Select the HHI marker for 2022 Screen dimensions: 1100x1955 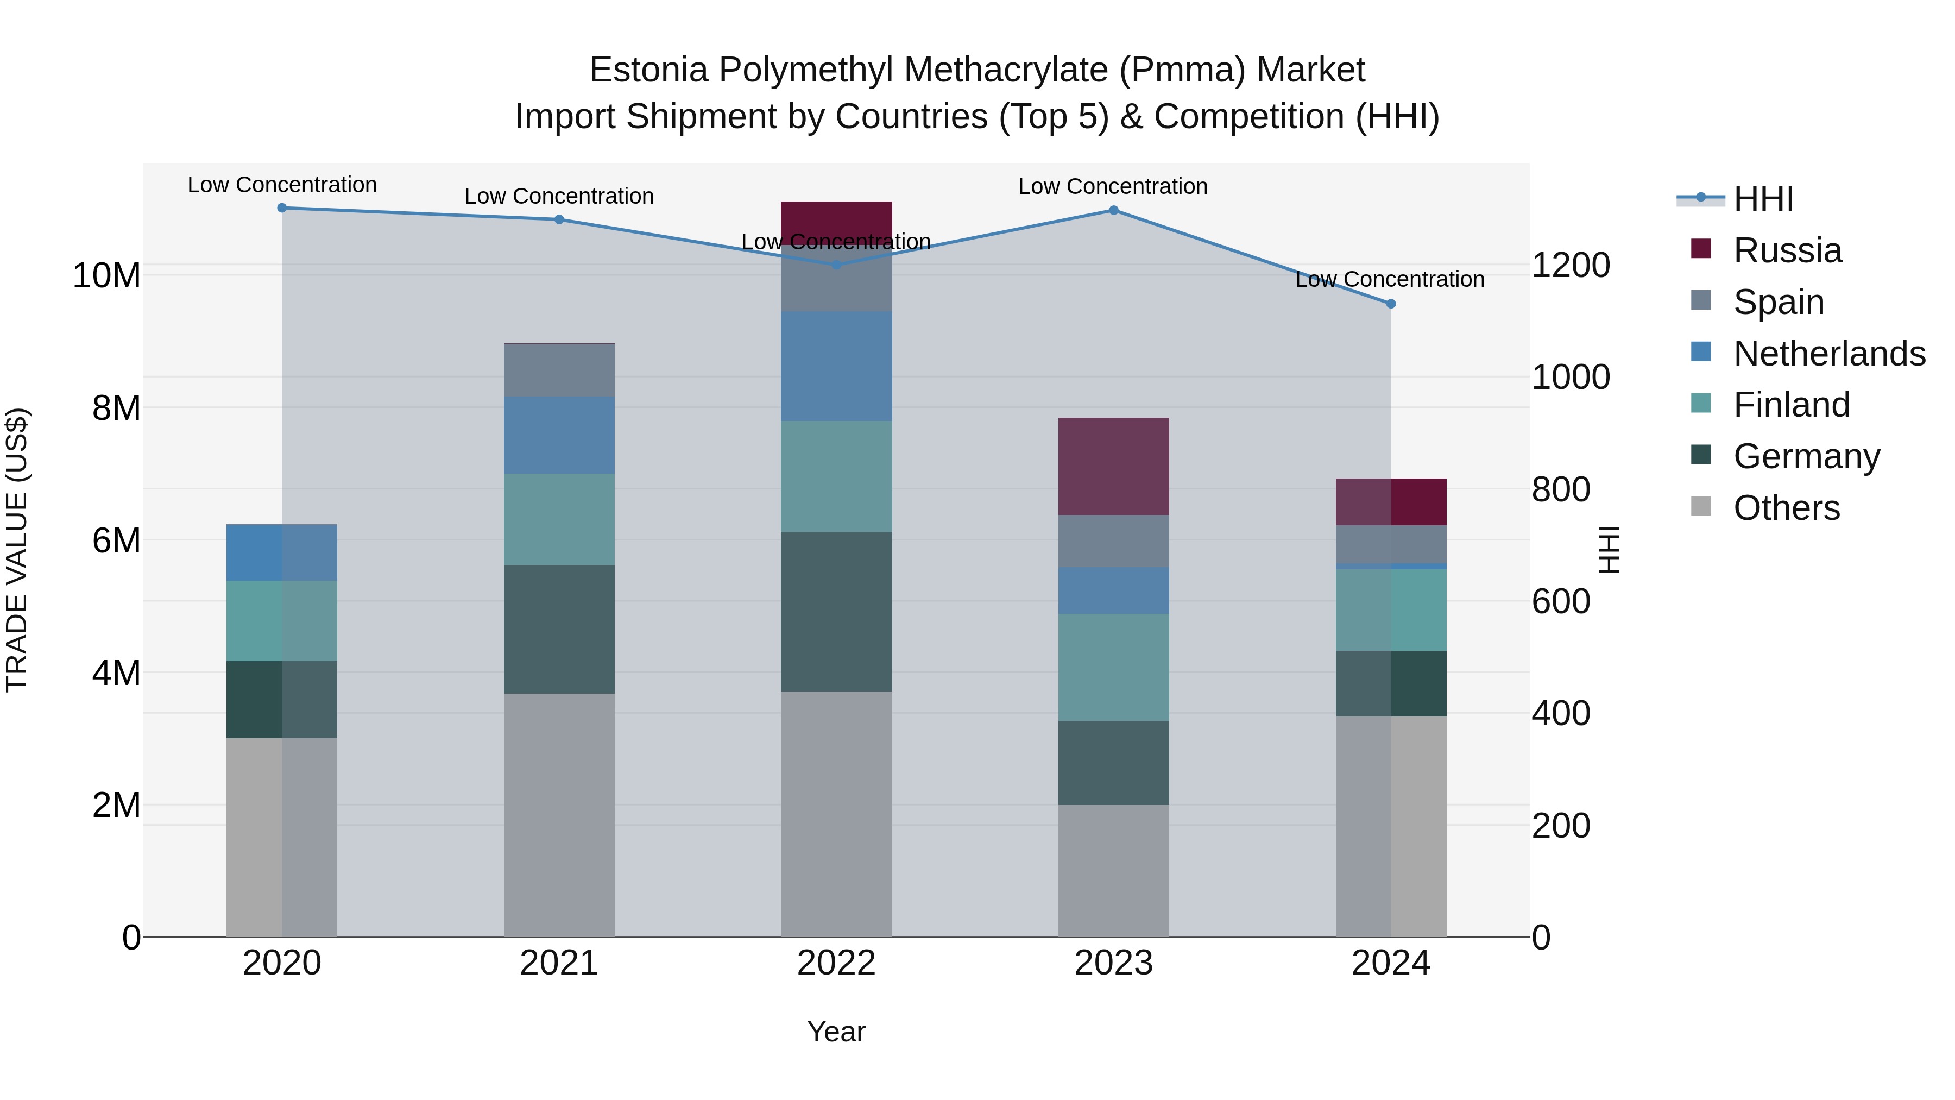coord(836,265)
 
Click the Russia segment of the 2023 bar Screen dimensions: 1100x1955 coord(1113,466)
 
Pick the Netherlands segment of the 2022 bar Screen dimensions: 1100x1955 coord(836,366)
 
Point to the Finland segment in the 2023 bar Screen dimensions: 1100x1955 coord(1113,667)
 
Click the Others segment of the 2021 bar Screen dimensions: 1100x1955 coord(559,815)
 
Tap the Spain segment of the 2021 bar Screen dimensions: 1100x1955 coord(559,370)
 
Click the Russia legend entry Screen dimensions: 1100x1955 coord(1787,250)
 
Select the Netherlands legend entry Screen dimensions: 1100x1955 coord(1829,354)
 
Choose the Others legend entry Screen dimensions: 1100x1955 coord(1787,508)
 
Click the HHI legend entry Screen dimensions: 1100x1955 coord(1763,199)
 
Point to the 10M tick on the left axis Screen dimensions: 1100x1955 coord(106,275)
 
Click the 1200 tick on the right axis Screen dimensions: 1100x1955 coord(1570,266)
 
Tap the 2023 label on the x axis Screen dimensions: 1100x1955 coord(1113,963)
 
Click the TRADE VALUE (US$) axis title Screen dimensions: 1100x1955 coord(17,550)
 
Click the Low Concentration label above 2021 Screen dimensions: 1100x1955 coord(559,196)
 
